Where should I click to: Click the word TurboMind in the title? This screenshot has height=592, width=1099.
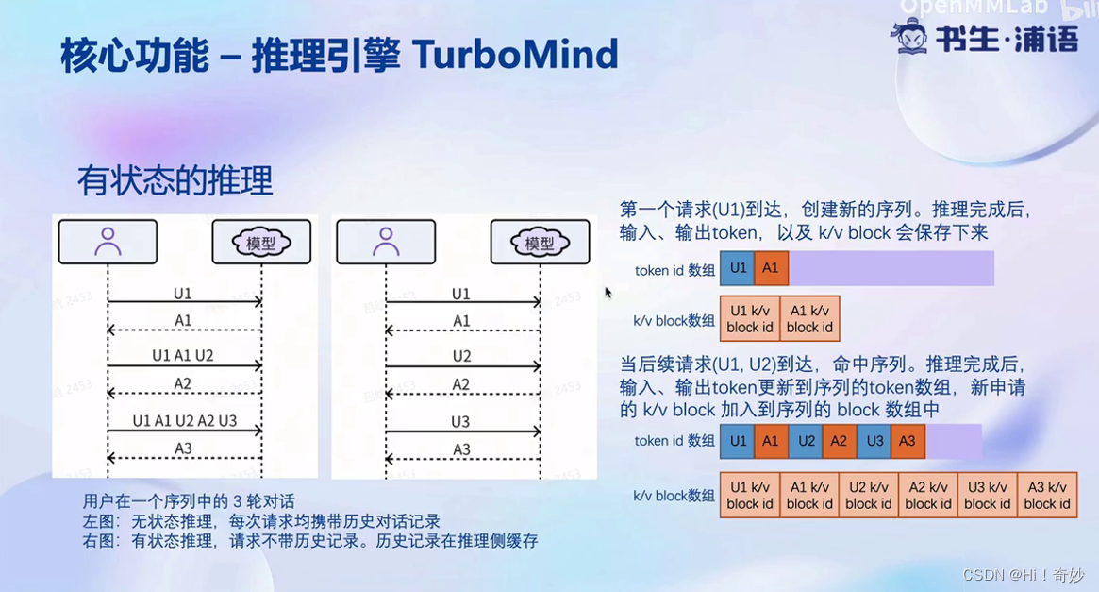click(515, 55)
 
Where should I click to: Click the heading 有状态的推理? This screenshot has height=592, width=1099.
click(175, 179)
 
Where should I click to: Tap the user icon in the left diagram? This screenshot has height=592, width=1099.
click(108, 242)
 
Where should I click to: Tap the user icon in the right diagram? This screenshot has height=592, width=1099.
click(385, 242)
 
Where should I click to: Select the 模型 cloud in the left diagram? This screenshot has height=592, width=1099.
click(261, 243)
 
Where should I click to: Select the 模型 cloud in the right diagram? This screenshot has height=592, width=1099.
click(540, 243)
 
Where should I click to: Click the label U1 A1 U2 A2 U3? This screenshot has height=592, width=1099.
click(185, 421)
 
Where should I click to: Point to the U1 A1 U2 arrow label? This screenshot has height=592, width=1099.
click(183, 356)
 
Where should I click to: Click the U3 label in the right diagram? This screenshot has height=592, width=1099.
click(460, 421)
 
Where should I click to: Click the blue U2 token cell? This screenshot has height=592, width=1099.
click(806, 441)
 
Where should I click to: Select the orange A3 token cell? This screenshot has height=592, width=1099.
click(908, 441)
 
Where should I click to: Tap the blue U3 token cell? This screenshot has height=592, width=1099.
click(874, 441)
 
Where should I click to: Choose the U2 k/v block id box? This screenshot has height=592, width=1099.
click(868, 496)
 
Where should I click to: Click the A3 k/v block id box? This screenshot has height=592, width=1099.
click(1046, 496)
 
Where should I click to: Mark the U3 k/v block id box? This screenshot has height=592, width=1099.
click(987, 496)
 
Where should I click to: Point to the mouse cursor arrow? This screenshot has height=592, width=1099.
click(608, 293)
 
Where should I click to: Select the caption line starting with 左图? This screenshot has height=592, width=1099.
click(262, 521)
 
